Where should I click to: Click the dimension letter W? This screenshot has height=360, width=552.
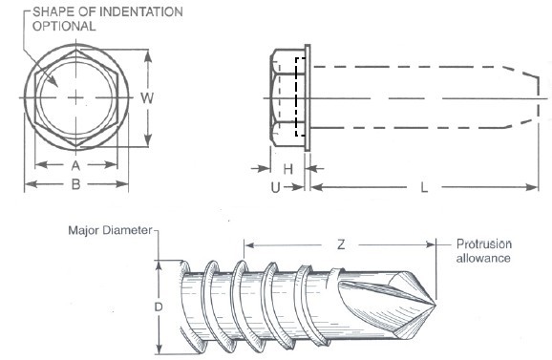(147, 97)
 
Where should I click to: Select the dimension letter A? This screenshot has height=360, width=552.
(75, 165)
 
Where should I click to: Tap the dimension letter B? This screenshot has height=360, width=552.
(76, 184)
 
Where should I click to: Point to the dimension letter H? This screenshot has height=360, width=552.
(288, 169)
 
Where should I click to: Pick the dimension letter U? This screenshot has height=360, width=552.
(275, 188)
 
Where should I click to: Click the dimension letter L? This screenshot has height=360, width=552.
(424, 187)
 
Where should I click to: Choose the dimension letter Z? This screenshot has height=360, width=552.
(341, 244)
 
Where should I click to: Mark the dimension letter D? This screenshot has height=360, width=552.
(159, 307)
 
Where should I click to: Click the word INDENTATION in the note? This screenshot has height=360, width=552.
(140, 12)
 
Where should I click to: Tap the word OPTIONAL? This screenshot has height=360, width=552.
(64, 27)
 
